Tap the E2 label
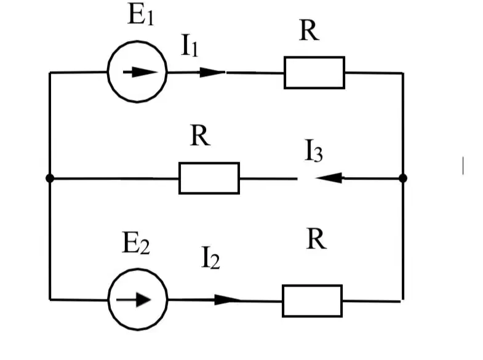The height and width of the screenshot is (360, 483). tap(136, 242)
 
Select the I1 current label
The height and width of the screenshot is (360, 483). tap(190, 46)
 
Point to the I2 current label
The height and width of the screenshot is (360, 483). tap(210, 257)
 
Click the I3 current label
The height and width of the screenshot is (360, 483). tap(314, 151)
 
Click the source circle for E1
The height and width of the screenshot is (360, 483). tap(137, 42)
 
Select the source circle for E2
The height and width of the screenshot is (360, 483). tap(138, 270)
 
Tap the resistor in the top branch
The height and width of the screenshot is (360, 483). tap(314, 73)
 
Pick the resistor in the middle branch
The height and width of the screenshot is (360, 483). tap(209, 178)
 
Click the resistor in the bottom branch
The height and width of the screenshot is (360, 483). tap(313, 301)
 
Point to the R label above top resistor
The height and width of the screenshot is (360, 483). tap(309, 30)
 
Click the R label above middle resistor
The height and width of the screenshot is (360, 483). tap(200, 135)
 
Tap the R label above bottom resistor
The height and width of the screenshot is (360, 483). tap(316, 239)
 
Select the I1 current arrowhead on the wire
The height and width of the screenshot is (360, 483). tap(212, 73)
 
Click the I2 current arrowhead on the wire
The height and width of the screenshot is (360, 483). tap(227, 300)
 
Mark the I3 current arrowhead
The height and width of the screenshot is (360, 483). tap(329, 178)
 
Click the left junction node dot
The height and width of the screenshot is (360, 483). tap(50, 178)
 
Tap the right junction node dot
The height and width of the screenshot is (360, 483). tap(403, 178)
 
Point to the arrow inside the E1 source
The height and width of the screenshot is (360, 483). tap(140, 73)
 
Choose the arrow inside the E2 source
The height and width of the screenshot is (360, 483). tap(134, 300)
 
